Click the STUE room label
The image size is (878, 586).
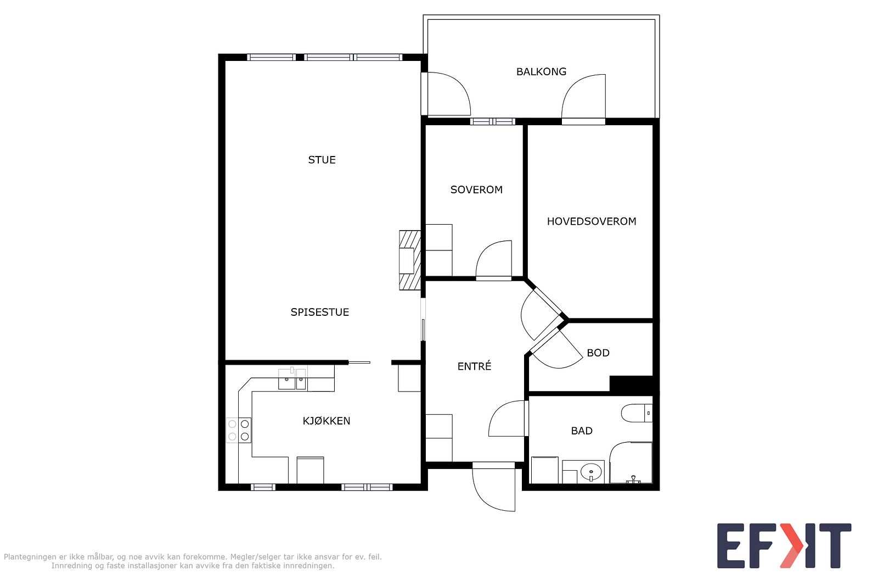[x=322, y=160]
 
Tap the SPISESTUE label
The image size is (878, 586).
[x=320, y=312]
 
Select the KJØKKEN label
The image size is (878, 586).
[x=327, y=421]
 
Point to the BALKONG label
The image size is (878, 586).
[x=541, y=72]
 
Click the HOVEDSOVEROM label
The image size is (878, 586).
[x=592, y=222]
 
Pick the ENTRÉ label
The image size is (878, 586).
[x=474, y=366]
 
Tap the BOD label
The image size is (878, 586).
[x=598, y=353]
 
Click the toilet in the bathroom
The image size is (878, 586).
[x=637, y=413]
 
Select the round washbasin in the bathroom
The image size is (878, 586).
[x=591, y=471]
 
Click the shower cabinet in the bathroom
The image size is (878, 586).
[x=631, y=463]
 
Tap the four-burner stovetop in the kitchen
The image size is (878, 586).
[x=239, y=430]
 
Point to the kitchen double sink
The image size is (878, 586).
[x=292, y=379]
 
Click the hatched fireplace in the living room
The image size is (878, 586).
[x=410, y=260]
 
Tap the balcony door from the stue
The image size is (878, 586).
[x=446, y=94]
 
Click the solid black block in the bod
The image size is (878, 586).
[x=631, y=383]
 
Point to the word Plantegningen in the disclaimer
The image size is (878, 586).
[x=31, y=557]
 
